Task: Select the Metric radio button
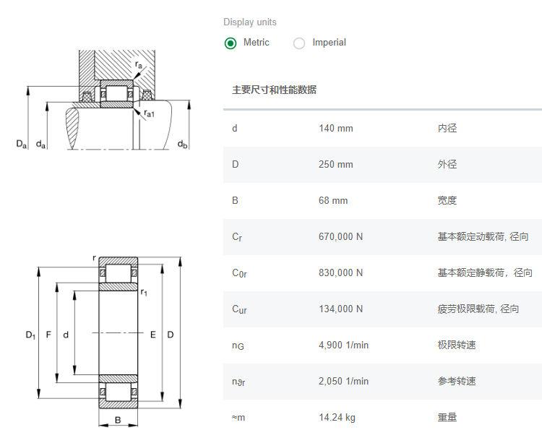pyautogui.click(x=231, y=43)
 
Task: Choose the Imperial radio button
pyautogui.click(x=299, y=43)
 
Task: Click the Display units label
pyautogui.click(x=250, y=22)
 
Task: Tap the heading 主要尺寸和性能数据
pyautogui.click(x=274, y=90)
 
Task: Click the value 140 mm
pyautogui.click(x=335, y=129)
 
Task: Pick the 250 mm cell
pyautogui.click(x=335, y=165)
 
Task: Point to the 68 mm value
pyautogui.click(x=333, y=201)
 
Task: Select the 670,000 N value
pyautogui.click(x=340, y=237)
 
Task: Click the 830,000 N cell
pyautogui.click(x=340, y=273)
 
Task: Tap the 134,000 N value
pyautogui.click(x=340, y=309)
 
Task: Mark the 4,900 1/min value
pyautogui.click(x=343, y=345)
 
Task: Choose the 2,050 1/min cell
pyautogui.click(x=343, y=382)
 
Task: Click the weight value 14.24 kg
pyautogui.click(x=337, y=418)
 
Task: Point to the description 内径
pyautogui.click(x=447, y=129)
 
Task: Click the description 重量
pyautogui.click(x=447, y=418)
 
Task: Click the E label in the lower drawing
pyautogui.click(x=153, y=335)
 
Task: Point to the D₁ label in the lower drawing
pyautogui.click(x=30, y=335)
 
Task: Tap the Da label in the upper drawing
pyautogui.click(x=21, y=145)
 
